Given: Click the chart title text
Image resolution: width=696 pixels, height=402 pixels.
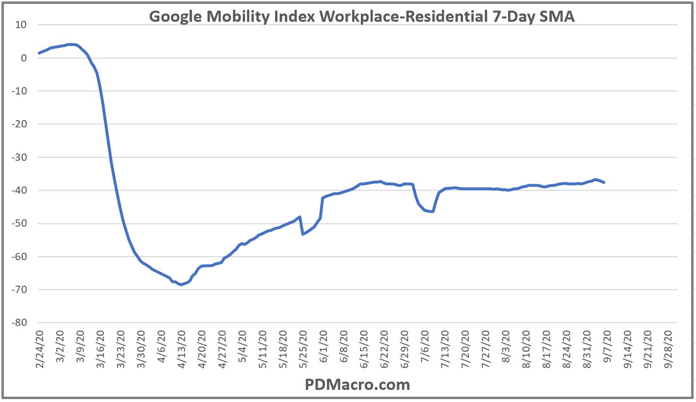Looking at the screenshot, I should [362, 16].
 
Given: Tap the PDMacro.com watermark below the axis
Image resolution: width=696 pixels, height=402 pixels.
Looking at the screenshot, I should [357, 385].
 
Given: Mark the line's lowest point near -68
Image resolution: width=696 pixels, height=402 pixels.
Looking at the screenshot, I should [181, 284].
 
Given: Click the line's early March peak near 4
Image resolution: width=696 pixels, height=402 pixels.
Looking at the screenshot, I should [71, 45].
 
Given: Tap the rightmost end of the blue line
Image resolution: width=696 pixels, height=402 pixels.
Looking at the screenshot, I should [604, 182].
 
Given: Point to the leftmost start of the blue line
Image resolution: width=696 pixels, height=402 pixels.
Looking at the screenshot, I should [39, 53].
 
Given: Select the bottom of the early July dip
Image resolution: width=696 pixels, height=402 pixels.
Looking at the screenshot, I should [431, 212].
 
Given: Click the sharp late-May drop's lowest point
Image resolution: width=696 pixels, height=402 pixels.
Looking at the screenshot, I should [303, 234].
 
